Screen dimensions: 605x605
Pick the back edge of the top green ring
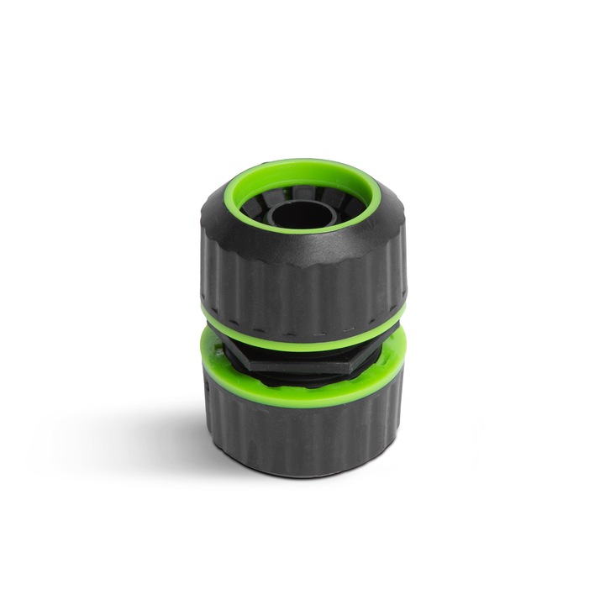click(302, 165)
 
